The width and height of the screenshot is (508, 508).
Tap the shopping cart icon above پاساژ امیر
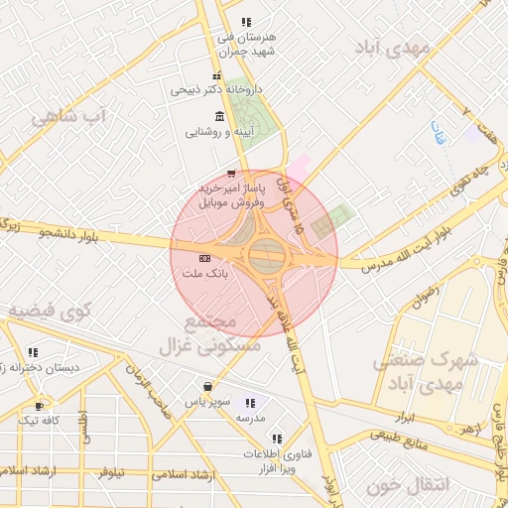[x=231, y=174]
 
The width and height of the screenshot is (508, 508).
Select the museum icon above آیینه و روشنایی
[x=218, y=116]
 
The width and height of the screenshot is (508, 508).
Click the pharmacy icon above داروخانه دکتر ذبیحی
[x=216, y=76]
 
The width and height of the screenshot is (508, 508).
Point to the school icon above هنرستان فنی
[x=246, y=22]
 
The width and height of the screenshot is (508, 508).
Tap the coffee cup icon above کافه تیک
[x=39, y=406]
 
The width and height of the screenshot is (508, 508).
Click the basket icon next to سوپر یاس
[x=207, y=387]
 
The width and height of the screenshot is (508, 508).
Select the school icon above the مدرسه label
[x=250, y=403]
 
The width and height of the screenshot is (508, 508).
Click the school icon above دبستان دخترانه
[x=33, y=352]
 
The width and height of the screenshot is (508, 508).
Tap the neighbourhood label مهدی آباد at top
[x=394, y=47]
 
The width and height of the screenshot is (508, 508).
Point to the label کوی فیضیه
[x=50, y=311]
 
